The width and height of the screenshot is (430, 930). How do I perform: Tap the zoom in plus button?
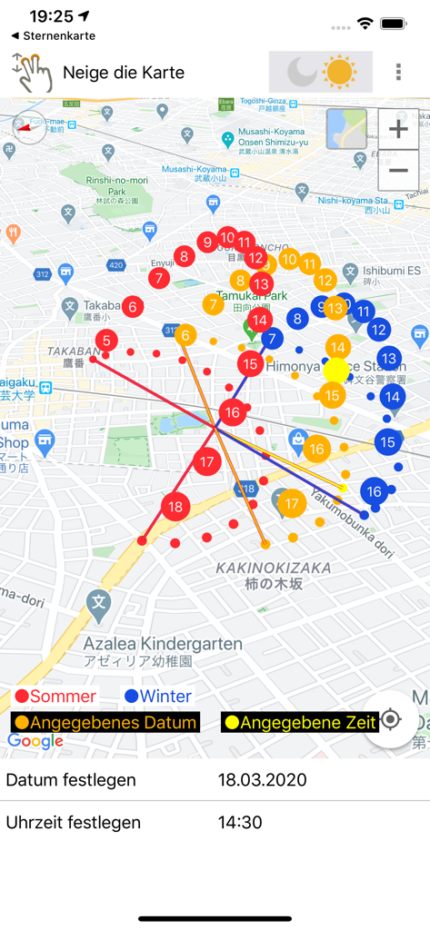[x=398, y=130]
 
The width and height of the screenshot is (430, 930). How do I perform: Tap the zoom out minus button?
[x=398, y=170]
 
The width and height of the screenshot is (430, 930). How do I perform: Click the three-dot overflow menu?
[x=398, y=73]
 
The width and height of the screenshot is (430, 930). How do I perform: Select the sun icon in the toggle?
[x=340, y=72]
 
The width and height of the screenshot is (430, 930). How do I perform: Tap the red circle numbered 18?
[x=175, y=507]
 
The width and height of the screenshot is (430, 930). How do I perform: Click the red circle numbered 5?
[x=107, y=341]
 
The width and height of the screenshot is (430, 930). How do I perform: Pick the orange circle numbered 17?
[x=291, y=503]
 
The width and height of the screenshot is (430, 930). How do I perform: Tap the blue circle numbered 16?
[x=375, y=491]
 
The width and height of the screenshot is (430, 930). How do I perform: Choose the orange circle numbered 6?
[x=185, y=335]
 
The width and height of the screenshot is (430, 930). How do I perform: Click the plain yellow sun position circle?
[x=336, y=371]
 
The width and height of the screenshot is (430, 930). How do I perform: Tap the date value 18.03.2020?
[x=262, y=780]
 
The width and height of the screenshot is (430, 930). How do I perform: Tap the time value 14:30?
[x=240, y=823]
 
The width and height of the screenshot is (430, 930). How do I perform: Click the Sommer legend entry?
[x=56, y=697]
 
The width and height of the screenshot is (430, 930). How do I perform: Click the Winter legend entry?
[x=158, y=697]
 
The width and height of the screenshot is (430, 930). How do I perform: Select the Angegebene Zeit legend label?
[x=300, y=723]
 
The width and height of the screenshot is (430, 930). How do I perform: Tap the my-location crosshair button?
[x=391, y=719]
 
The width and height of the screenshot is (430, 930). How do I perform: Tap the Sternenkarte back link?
[x=55, y=35]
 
